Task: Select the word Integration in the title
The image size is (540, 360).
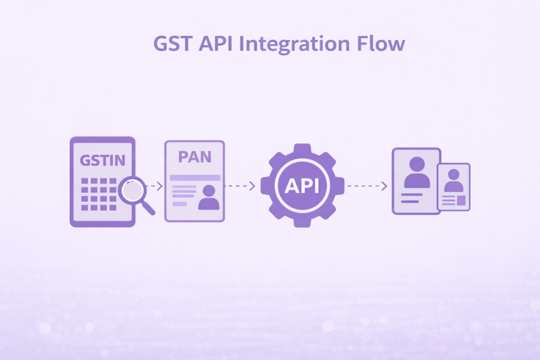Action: click(x=295, y=45)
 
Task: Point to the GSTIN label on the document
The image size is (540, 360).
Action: click(x=102, y=161)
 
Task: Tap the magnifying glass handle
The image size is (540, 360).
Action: click(x=148, y=208)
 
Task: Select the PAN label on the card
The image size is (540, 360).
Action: click(x=195, y=158)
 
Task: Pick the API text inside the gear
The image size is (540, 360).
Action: click(x=302, y=186)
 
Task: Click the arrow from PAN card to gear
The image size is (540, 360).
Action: click(x=240, y=186)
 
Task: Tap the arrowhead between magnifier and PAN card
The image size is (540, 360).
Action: click(x=159, y=186)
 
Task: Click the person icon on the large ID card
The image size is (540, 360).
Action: click(x=417, y=172)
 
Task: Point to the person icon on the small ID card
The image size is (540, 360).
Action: click(x=454, y=180)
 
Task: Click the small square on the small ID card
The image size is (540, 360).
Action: click(x=461, y=200)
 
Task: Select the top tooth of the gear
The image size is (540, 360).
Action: click(x=302, y=149)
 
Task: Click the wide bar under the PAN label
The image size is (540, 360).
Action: click(x=195, y=178)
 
